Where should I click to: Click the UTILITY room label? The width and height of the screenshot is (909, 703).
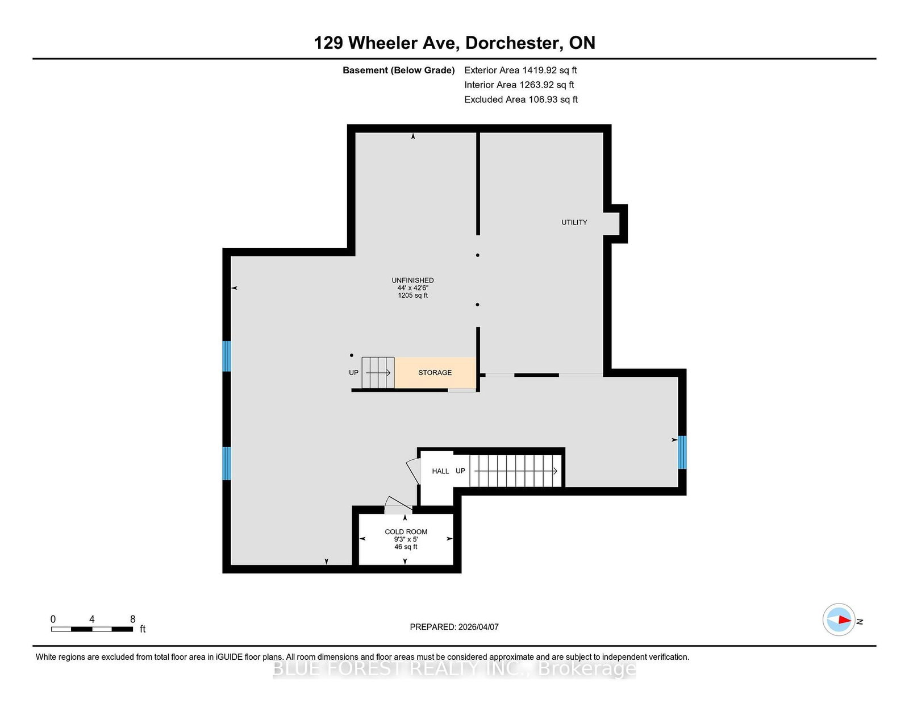click(574, 222)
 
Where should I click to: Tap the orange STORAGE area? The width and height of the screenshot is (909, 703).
click(435, 372)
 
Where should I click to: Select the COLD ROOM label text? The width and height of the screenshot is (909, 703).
click(406, 531)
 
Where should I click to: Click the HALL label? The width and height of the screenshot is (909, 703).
click(440, 471)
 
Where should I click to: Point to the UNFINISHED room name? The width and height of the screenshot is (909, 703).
click(412, 280)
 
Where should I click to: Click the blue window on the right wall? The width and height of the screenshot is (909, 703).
click(682, 452)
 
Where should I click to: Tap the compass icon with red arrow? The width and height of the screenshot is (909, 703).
click(839, 619)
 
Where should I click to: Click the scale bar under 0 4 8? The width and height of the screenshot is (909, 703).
click(92, 629)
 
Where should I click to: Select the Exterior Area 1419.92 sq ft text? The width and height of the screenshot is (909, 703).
click(520, 70)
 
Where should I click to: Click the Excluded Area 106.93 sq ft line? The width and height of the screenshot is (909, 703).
click(521, 99)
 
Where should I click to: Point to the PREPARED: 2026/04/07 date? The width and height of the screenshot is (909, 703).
click(454, 627)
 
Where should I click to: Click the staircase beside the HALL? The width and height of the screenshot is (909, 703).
click(515, 471)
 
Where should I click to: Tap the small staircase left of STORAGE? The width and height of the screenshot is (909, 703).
click(378, 372)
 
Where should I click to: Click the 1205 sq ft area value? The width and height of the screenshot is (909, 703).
click(412, 296)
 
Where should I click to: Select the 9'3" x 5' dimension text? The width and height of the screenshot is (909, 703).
click(406, 539)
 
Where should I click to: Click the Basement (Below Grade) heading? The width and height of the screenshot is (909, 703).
click(398, 70)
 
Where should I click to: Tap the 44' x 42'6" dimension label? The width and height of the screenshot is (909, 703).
click(412, 288)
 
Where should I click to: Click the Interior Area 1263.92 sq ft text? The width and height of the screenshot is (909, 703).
click(519, 85)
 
